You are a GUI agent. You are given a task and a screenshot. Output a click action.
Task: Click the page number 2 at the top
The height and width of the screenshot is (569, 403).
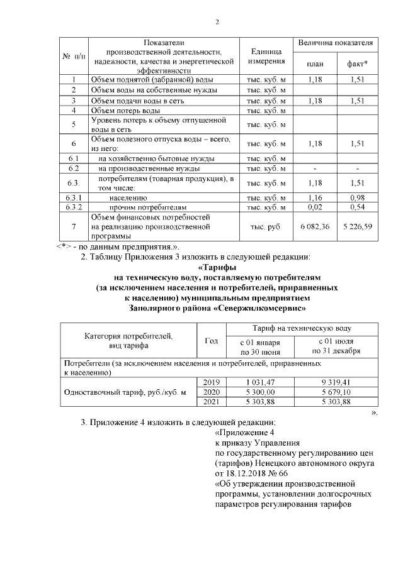(x=217, y=23)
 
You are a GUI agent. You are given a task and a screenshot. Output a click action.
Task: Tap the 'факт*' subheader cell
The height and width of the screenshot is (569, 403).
(x=357, y=64)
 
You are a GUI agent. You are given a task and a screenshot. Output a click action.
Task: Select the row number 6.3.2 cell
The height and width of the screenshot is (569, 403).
(x=74, y=206)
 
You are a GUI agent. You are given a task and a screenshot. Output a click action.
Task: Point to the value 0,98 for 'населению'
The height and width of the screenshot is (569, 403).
(x=357, y=197)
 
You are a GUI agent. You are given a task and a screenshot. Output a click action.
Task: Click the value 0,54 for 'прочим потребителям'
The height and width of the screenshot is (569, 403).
(x=357, y=206)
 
